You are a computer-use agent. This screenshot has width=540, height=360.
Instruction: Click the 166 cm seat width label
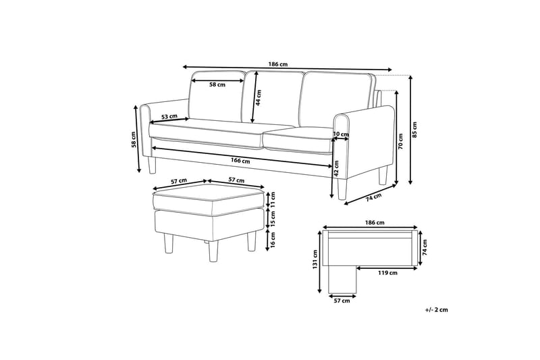click(x=240, y=161)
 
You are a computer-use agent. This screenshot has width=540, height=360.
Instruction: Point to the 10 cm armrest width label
click(x=342, y=134)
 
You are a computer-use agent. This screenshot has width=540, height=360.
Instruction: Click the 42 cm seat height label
click(x=336, y=174)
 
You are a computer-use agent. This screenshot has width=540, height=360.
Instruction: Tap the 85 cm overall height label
click(x=415, y=128)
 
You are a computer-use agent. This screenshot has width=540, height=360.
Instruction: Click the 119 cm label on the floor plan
click(x=388, y=273)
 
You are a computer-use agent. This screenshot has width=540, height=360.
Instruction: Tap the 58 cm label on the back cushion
click(x=217, y=85)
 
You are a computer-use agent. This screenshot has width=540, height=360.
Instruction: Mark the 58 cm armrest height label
click(x=134, y=138)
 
